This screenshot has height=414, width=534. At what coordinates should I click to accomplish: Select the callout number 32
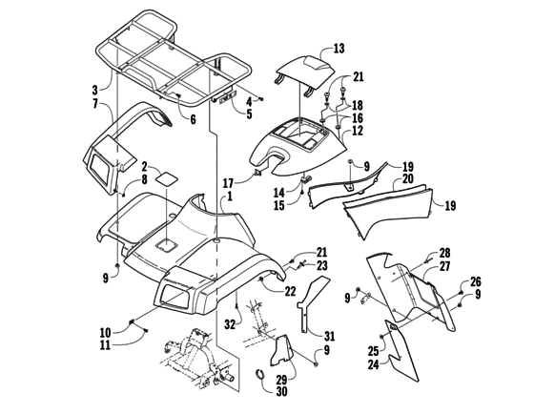[x=229, y=324]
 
